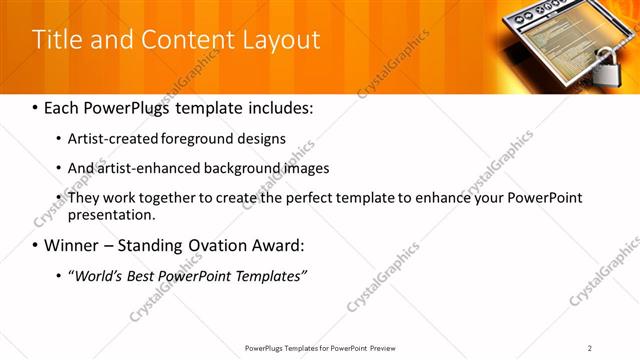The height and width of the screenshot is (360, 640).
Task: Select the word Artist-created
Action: point(112,139)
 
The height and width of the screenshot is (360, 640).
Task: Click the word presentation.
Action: point(112,214)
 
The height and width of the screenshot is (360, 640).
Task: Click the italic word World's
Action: point(97,275)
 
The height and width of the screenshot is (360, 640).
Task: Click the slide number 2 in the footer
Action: point(590,348)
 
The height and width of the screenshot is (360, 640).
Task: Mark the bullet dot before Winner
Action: point(35,246)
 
